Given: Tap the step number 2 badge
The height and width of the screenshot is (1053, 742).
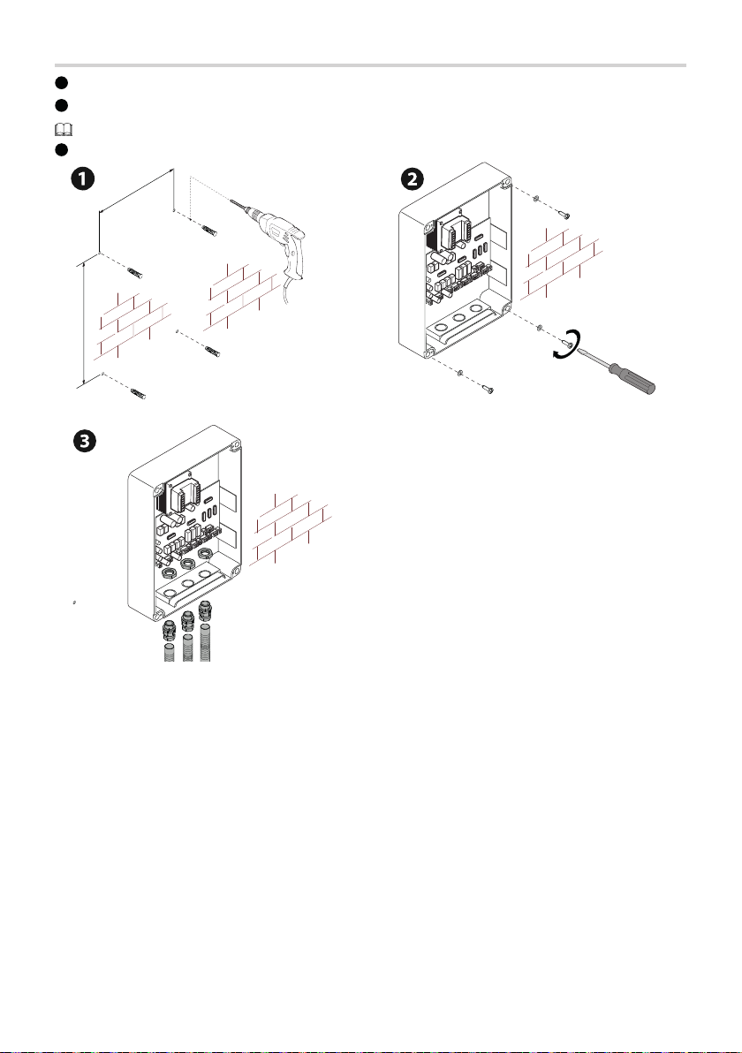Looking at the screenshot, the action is tap(412, 178).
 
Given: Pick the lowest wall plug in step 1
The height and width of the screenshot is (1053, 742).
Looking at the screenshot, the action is tap(141, 391).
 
